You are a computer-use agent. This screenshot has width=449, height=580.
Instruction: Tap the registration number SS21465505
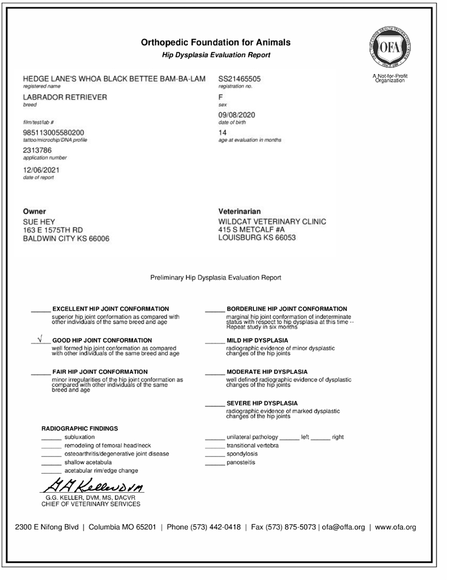point(239,79)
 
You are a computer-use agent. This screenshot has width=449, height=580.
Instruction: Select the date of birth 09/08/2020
point(237,115)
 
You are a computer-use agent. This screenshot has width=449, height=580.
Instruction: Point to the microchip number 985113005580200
point(54,133)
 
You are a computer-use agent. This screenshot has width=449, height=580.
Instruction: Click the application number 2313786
point(37,150)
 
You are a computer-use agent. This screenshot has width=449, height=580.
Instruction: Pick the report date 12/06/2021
point(41,171)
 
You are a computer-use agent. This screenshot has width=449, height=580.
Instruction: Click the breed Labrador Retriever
point(65,97)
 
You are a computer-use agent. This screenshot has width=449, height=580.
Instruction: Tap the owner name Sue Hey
point(38,221)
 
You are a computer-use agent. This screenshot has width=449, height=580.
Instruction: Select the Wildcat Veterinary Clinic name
point(272,221)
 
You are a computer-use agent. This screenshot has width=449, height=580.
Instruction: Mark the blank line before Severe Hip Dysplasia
point(215,403)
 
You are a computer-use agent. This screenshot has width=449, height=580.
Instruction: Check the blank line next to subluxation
point(51,437)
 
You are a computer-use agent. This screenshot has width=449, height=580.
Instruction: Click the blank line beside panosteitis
point(215,463)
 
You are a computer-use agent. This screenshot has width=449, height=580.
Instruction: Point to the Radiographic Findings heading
point(79,428)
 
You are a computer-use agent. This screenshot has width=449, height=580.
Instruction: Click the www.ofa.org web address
point(395,527)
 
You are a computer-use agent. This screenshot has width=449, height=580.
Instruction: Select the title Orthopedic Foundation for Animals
point(216,42)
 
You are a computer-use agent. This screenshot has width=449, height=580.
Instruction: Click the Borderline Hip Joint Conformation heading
point(286,309)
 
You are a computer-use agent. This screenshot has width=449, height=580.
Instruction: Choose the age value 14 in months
point(223,133)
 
